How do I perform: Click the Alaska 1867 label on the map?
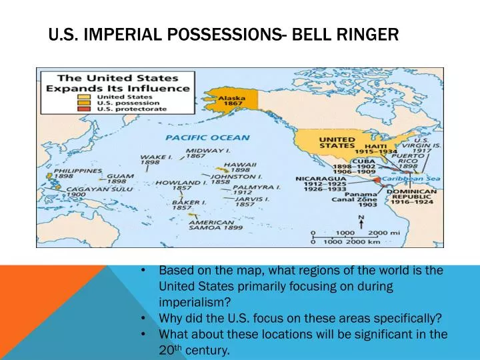point(232,101)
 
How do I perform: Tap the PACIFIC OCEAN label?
point(207,138)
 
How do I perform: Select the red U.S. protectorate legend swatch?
point(83,109)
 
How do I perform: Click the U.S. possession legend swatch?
point(83,103)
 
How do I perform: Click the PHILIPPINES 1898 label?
point(78,173)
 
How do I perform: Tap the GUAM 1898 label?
point(120,179)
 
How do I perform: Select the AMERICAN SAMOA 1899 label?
point(215,225)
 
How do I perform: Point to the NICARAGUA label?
point(321,179)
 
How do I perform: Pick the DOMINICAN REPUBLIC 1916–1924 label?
point(412,197)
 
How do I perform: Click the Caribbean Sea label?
point(411,179)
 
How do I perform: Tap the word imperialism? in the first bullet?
point(195,302)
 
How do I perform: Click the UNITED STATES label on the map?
point(337,143)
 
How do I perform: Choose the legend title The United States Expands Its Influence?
point(118,83)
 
